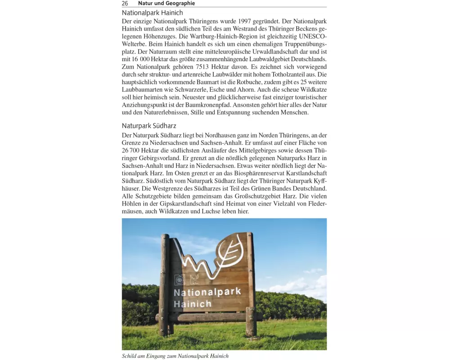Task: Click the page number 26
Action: click(125, 3)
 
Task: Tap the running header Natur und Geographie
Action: click(166, 3)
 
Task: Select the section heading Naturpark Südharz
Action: click(148, 126)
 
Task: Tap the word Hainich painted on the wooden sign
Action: click(193, 304)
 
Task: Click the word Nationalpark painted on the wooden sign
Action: click(207, 292)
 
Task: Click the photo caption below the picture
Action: click(175, 356)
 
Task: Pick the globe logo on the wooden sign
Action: click(180, 280)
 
